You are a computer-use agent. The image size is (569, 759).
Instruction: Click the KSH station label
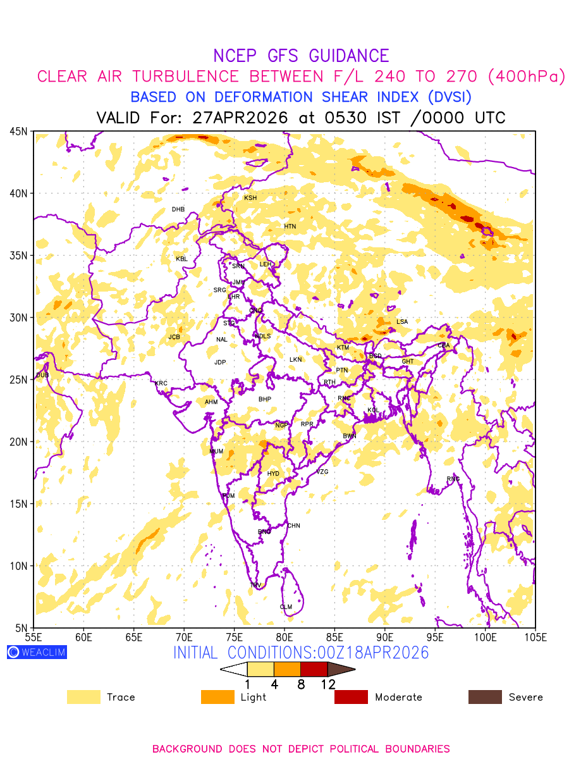250,198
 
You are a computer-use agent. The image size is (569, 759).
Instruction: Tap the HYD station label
273,474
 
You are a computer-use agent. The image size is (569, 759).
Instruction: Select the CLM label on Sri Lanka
286,607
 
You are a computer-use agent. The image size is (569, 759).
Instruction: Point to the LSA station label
402,322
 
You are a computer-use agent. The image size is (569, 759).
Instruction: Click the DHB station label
178,209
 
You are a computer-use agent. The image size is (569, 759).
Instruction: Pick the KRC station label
161,383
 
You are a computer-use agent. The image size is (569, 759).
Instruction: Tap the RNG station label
453,479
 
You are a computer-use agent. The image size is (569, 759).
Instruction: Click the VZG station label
322,472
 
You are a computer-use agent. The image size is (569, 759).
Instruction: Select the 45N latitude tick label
18,132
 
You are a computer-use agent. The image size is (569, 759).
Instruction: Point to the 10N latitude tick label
18,565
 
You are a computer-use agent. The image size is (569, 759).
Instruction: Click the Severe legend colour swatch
485,697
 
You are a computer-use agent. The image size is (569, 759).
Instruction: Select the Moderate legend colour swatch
351,697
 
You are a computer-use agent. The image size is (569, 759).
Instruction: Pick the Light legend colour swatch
217,697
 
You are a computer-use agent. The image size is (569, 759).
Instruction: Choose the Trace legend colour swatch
83,697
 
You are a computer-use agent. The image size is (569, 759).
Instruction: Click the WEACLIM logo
37,652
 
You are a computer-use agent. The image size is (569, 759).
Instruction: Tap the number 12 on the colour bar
327,684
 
